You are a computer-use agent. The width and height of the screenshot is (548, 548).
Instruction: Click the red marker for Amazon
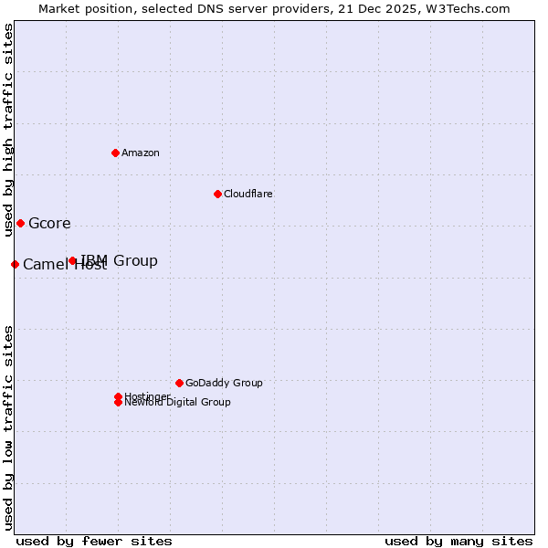(115, 153)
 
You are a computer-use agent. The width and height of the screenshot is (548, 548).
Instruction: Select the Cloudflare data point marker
(217, 194)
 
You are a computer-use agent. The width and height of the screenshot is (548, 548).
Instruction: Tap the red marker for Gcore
(20, 224)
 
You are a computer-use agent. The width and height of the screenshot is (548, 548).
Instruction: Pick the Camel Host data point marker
(15, 265)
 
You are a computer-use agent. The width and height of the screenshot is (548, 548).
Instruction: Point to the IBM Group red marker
(73, 261)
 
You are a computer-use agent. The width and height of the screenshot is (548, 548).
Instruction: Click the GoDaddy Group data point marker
(179, 384)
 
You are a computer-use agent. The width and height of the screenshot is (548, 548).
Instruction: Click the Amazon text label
(140, 153)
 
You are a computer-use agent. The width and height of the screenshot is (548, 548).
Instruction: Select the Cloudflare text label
(248, 194)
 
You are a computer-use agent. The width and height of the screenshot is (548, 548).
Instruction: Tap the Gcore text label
(49, 224)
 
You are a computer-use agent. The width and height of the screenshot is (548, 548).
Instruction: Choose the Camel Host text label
(64, 266)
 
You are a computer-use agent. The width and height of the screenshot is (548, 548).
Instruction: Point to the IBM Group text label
(120, 261)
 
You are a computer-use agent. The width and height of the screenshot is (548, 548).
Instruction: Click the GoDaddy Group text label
(224, 384)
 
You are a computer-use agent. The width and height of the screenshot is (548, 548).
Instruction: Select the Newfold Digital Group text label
(177, 403)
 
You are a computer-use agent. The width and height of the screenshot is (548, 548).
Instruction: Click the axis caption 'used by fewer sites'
(94, 541)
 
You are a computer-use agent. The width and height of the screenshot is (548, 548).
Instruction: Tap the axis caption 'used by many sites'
(458, 541)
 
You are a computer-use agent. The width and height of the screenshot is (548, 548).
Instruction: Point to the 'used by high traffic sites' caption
(8, 130)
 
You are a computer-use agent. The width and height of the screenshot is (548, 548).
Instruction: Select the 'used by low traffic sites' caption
(8, 427)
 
